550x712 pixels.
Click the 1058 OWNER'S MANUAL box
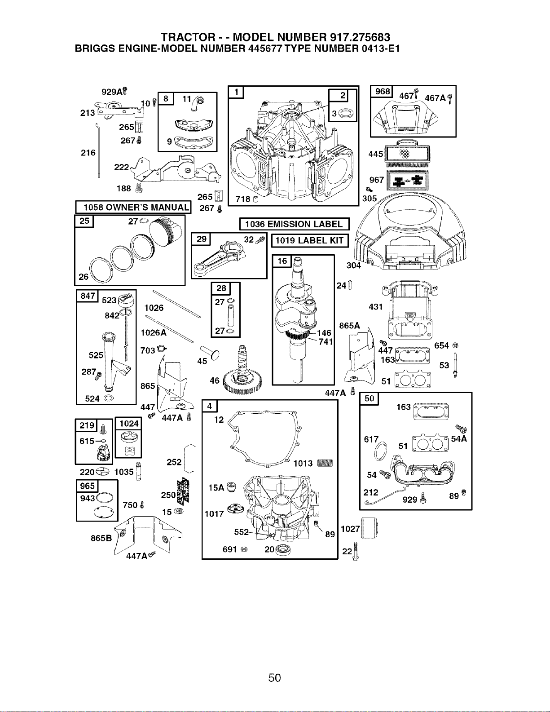coord(133,207)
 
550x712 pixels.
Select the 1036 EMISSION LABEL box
coord(295,224)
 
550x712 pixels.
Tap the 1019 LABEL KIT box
coord(310,241)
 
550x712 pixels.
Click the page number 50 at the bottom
coord(274,677)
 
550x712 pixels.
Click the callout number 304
coord(354,265)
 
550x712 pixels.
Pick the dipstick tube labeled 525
coord(113,362)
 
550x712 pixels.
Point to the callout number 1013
coord(303,463)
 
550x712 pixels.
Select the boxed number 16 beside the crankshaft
coord(282,261)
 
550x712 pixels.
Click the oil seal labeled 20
coord(281,549)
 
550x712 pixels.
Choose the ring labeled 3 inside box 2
coord(345,114)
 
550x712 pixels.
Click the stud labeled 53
coord(455,365)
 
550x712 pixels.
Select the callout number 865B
coord(101,538)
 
